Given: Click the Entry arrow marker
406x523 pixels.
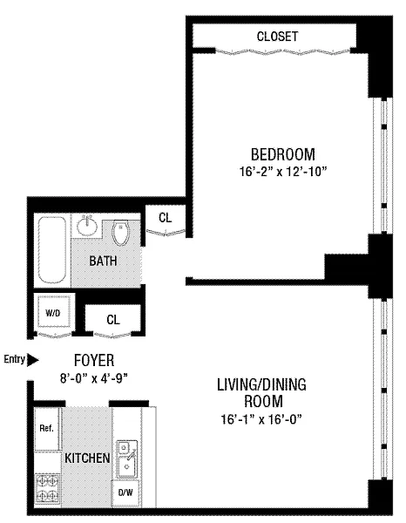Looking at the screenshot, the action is (32, 360).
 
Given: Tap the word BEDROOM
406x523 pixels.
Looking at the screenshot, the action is (282, 154).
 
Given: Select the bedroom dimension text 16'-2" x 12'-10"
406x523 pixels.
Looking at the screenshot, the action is (282, 172).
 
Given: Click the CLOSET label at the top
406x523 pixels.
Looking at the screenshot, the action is (277, 37).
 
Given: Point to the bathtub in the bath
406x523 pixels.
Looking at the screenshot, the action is (51, 250).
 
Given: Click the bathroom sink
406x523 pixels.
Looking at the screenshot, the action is (87, 226).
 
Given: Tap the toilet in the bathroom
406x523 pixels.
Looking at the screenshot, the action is (120, 232).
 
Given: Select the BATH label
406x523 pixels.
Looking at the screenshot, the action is (103, 261).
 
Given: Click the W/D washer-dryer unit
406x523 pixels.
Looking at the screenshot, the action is (53, 312).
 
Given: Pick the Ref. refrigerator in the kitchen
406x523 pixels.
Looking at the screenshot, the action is (47, 428).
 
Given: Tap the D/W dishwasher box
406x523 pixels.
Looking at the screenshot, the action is (125, 492).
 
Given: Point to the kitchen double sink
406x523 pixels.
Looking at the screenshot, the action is (126, 459).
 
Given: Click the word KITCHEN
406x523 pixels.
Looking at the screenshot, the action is (87, 458).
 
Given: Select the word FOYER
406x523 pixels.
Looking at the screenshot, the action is (94, 360).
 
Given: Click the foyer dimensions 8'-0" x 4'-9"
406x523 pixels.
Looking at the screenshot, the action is (94, 378).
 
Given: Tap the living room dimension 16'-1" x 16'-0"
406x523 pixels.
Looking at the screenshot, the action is (261, 419).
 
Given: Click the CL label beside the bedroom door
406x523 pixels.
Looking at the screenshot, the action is (166, 218).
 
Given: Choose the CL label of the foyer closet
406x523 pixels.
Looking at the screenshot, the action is (113, 320).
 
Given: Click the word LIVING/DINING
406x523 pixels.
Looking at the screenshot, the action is (261, 384).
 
